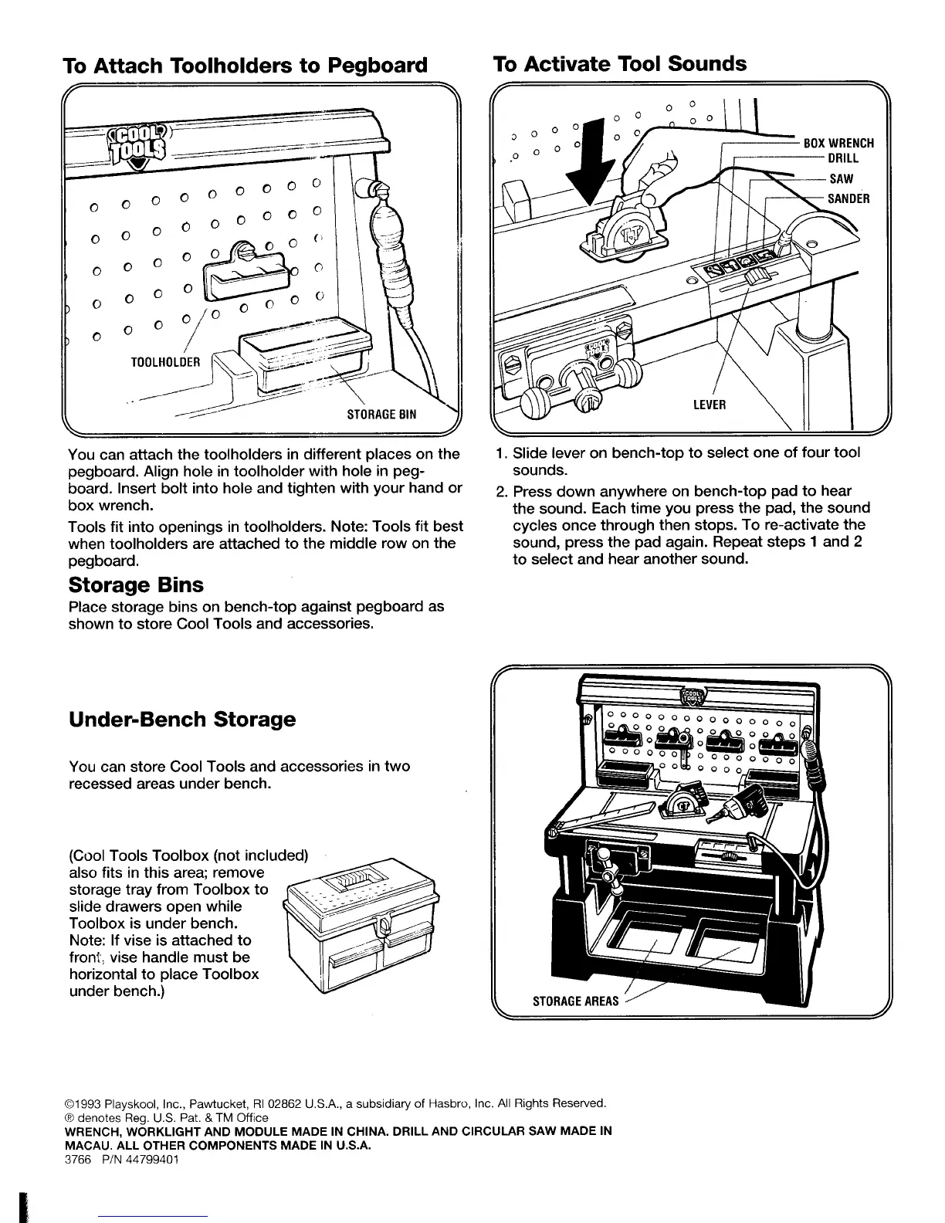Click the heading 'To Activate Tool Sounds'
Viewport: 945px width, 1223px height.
(x=619, y=63)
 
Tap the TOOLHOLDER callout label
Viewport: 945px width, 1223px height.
(x=165, y=361)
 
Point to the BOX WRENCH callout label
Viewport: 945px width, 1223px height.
(x=838, y=143)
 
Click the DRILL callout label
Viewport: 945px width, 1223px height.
(x=843, y=159)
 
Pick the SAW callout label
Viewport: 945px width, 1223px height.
(x=841, y=179)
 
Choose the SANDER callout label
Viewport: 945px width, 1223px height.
(x=848, y=198)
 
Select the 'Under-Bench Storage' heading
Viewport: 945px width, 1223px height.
(x=182, y=720)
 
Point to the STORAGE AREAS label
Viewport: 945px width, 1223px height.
(x=576, y=1001)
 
